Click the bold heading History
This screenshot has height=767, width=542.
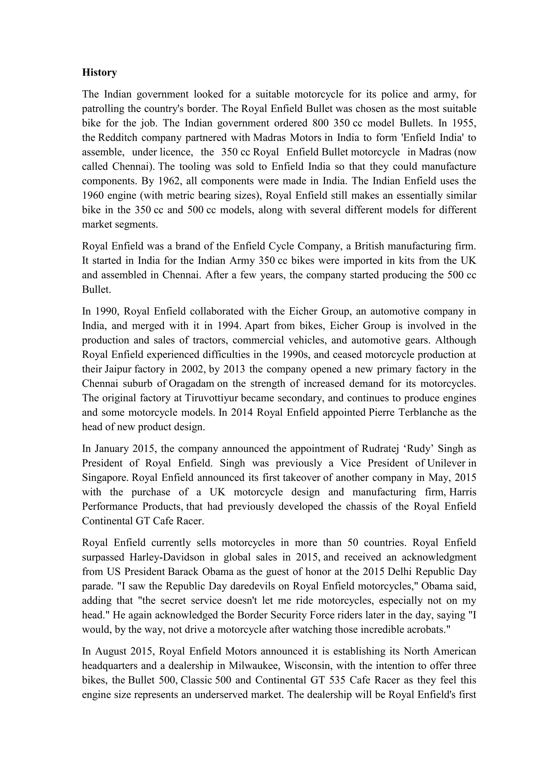[100, 73]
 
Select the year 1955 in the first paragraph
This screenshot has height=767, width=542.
[464, 123]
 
